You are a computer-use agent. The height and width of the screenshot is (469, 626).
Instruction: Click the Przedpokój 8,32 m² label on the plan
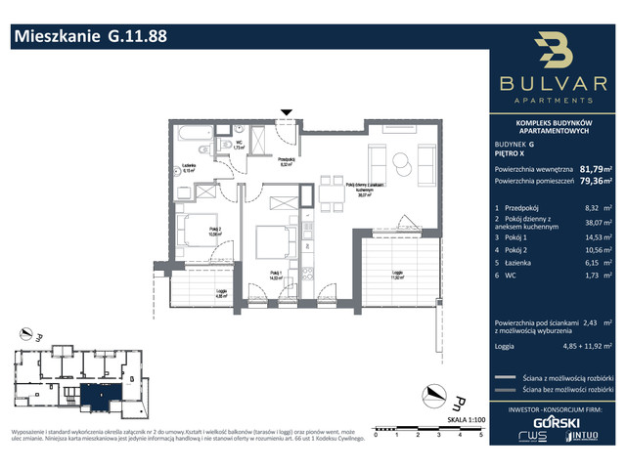point(286,162)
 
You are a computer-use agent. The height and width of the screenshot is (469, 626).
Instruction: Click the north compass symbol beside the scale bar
point(428,392)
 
